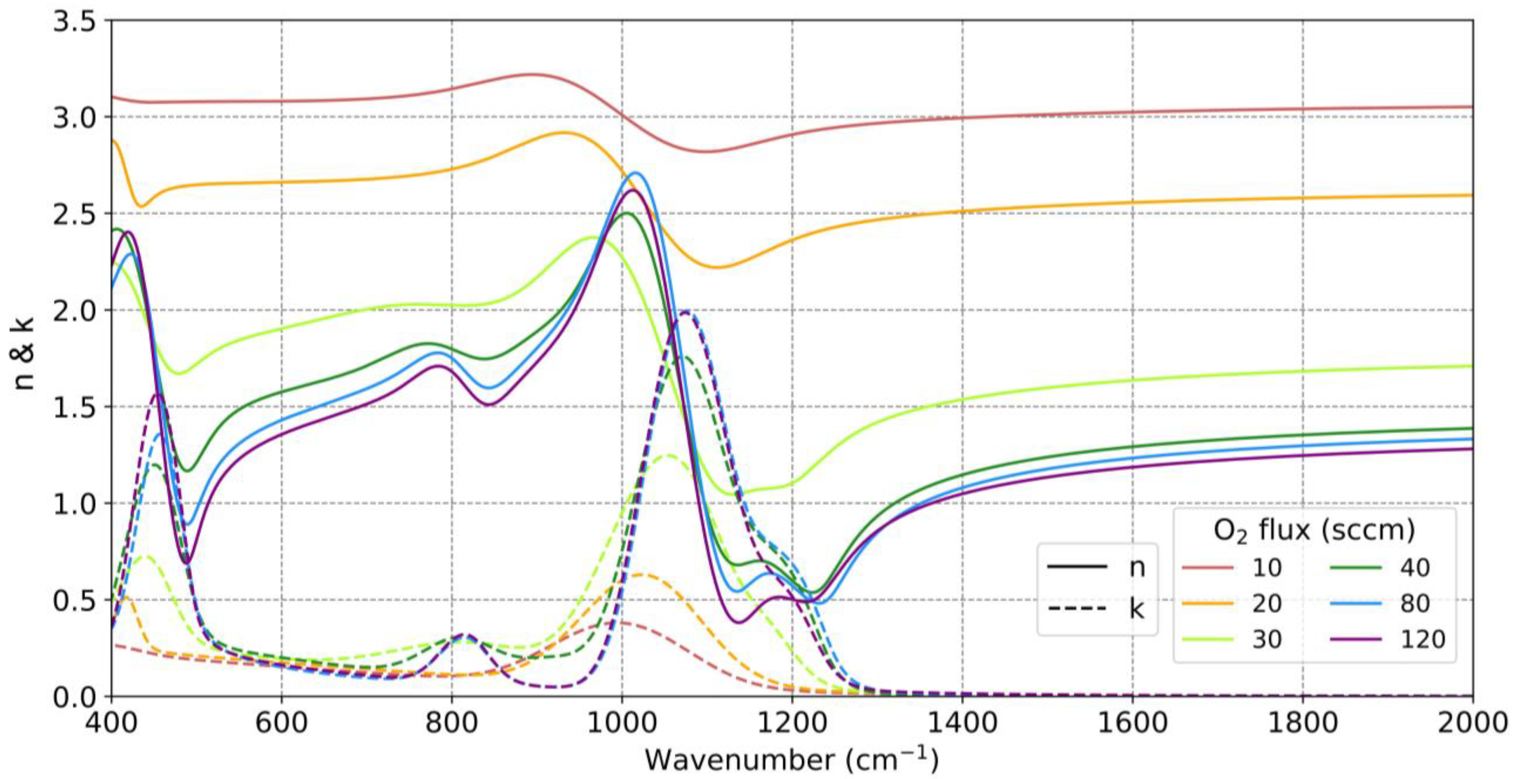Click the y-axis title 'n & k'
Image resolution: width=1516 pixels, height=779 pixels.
(x=25, y=353)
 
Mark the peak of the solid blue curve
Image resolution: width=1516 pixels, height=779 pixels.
(x=635, y=172)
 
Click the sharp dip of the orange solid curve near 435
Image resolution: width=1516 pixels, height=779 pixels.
(x=141, y=206)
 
